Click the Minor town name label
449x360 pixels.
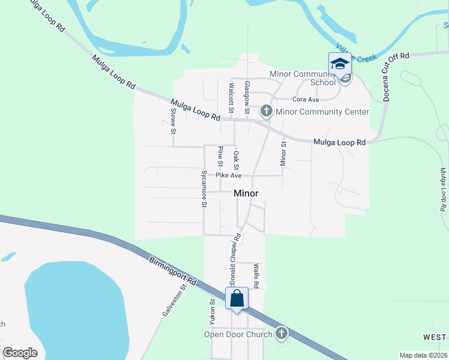(246, 193)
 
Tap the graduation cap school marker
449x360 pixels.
(339, 64)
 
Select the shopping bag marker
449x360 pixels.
(237, 298)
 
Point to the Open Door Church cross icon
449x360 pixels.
(281, 333)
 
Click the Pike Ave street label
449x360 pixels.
(229, 176)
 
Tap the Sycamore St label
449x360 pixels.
(204, 188)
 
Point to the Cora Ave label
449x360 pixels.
(306, 100)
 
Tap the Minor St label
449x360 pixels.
(284, 154)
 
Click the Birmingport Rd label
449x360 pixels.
(173, 271)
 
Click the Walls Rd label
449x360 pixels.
(256, 275)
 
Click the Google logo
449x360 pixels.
(20, 353)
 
